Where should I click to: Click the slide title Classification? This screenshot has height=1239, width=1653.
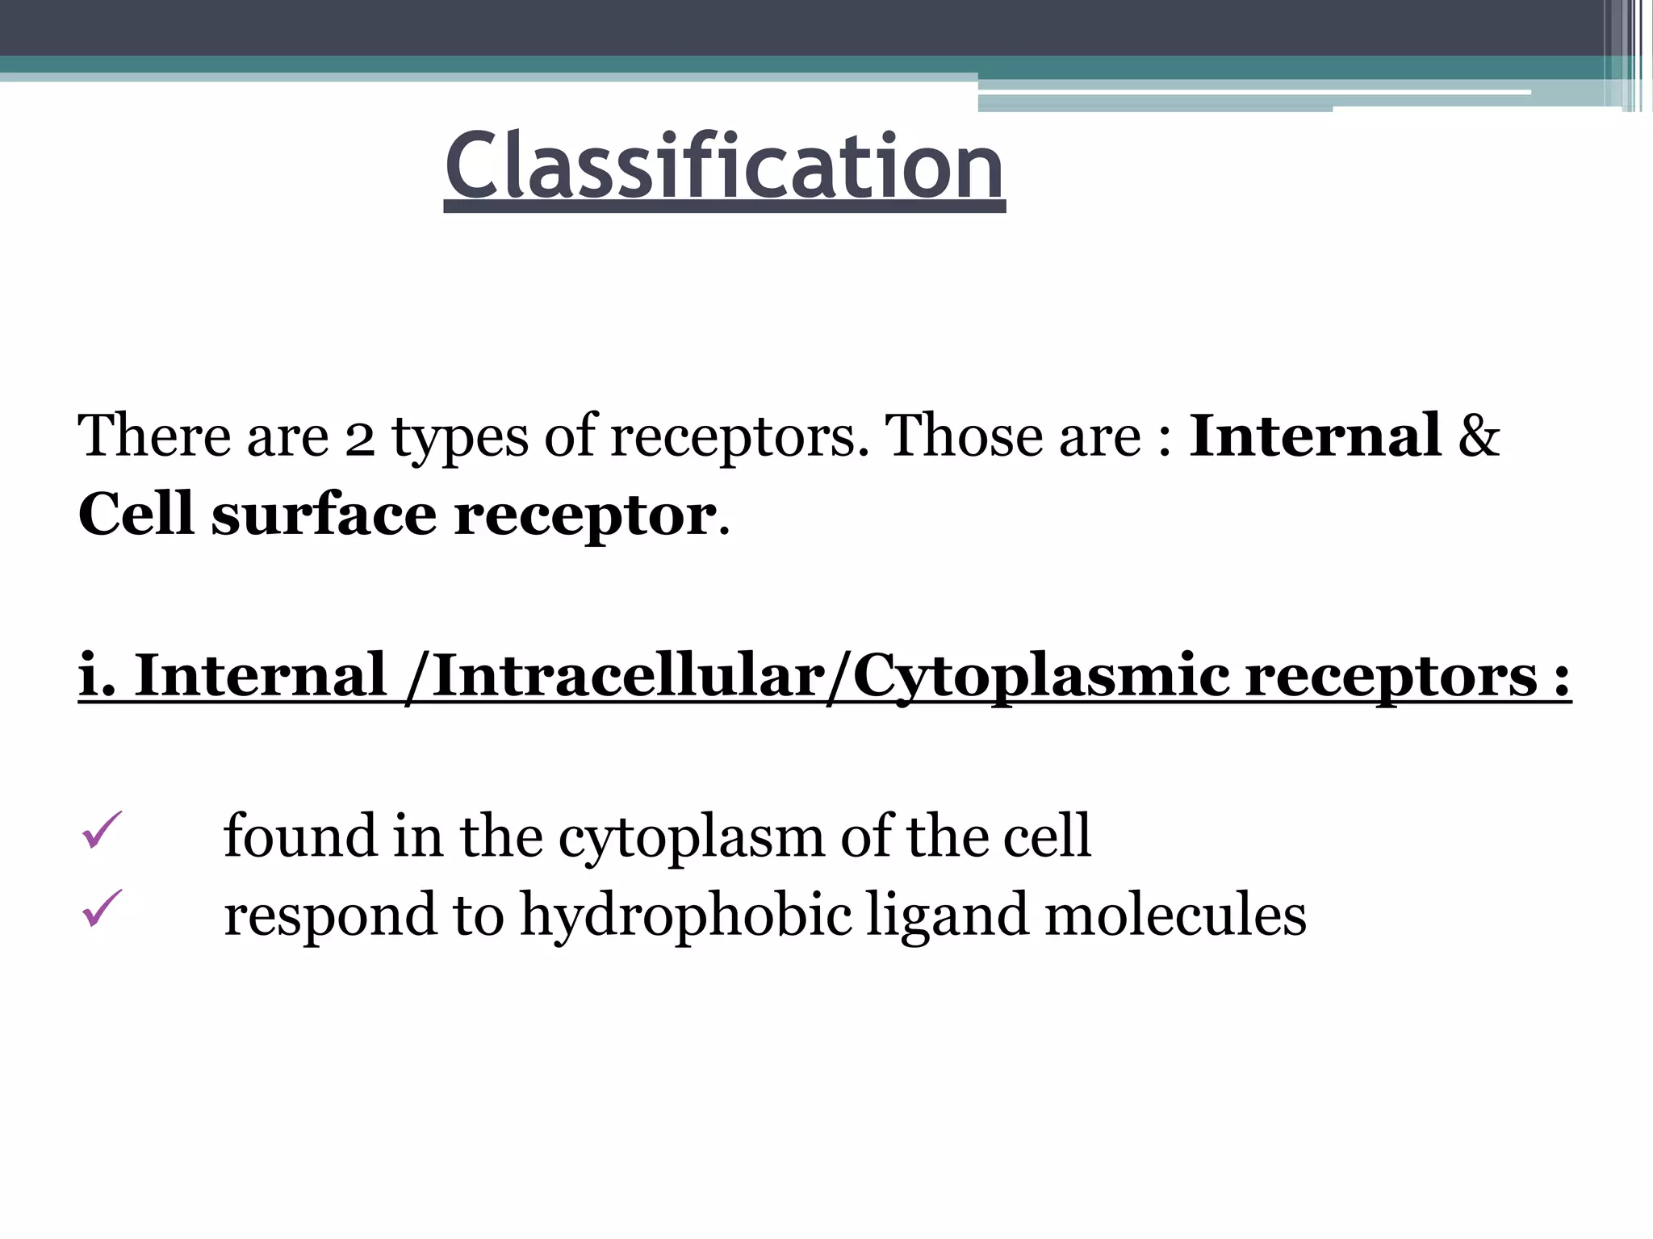click(724, 167)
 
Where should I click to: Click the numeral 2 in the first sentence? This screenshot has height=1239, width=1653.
click(360, 437)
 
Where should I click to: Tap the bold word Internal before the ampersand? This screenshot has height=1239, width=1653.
click(1315, 436)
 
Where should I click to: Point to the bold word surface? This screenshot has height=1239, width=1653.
click(324, 515)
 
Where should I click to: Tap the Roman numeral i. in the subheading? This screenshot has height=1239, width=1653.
click(98, 674)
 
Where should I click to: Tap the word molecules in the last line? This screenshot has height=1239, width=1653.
click(1175, 915)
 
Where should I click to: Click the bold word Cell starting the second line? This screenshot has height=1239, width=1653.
click(136, 514)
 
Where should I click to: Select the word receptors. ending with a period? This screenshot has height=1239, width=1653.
click(739, 437)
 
